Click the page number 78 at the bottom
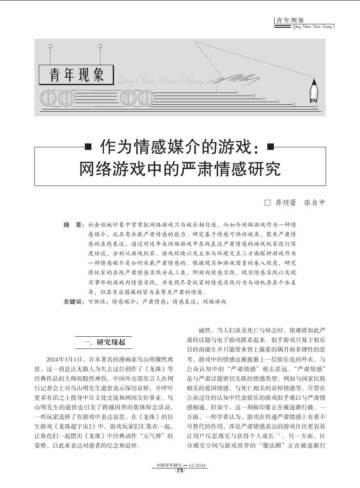coord(178,482)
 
